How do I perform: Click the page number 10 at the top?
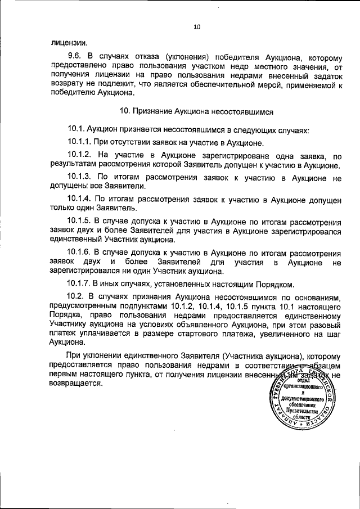point(196,26)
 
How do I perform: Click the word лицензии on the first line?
point(69,42)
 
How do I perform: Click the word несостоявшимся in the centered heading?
point(240,112)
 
